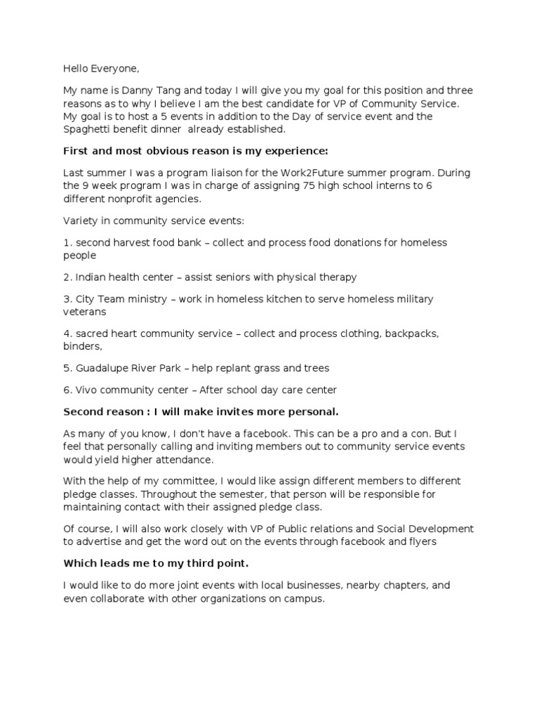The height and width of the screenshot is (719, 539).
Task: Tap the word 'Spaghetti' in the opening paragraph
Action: pos(86,129)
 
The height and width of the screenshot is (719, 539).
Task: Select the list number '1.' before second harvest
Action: pos(67,242)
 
